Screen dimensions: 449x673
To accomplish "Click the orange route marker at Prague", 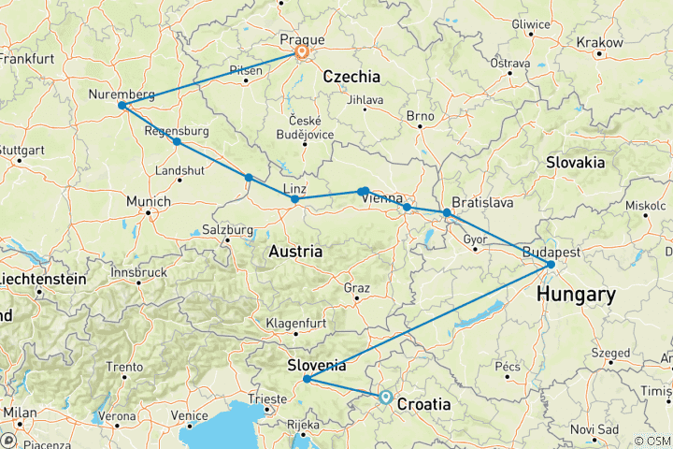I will pos(302,53).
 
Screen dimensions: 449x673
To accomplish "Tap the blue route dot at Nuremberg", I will pos(122,106).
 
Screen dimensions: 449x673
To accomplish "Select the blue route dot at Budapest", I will pos(551,265).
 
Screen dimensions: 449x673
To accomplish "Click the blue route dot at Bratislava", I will pos(447,213).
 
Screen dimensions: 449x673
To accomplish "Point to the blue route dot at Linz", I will pos(294,199).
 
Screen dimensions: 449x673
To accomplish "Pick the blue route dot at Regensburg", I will pos(177,142).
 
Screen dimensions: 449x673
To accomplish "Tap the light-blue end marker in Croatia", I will pos(385,397).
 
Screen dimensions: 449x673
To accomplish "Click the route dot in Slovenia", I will pos(307,379).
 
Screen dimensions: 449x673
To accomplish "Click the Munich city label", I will pos(150,201).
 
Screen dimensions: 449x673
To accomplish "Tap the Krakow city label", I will pos(599,43).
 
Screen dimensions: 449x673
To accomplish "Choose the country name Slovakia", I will pos(577,162).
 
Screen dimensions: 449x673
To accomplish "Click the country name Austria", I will pos(295,252).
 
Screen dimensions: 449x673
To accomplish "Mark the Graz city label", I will pos(358,287).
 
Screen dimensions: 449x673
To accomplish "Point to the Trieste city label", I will pos(268,399).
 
